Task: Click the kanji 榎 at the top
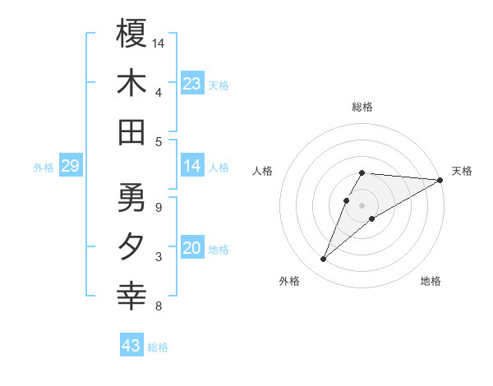[131, 34]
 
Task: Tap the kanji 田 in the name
[131, 132]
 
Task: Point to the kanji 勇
[131, 198]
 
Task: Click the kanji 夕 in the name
[131, 247]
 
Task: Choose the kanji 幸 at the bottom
[131, 296]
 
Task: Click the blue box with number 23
[191, 84]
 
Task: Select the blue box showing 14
[191, 167]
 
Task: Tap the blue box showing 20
[191, 249]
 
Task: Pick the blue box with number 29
[70, 167]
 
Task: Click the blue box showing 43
[131, 346]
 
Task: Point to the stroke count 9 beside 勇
[158, 207]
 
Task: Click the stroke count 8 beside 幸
[158, 306]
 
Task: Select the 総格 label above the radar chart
[362, 107]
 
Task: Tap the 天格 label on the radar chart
[462, 171]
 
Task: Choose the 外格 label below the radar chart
[289, 281]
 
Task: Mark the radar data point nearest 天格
[440, 180]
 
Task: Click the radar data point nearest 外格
[324, 260]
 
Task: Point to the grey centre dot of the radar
[362, 204]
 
